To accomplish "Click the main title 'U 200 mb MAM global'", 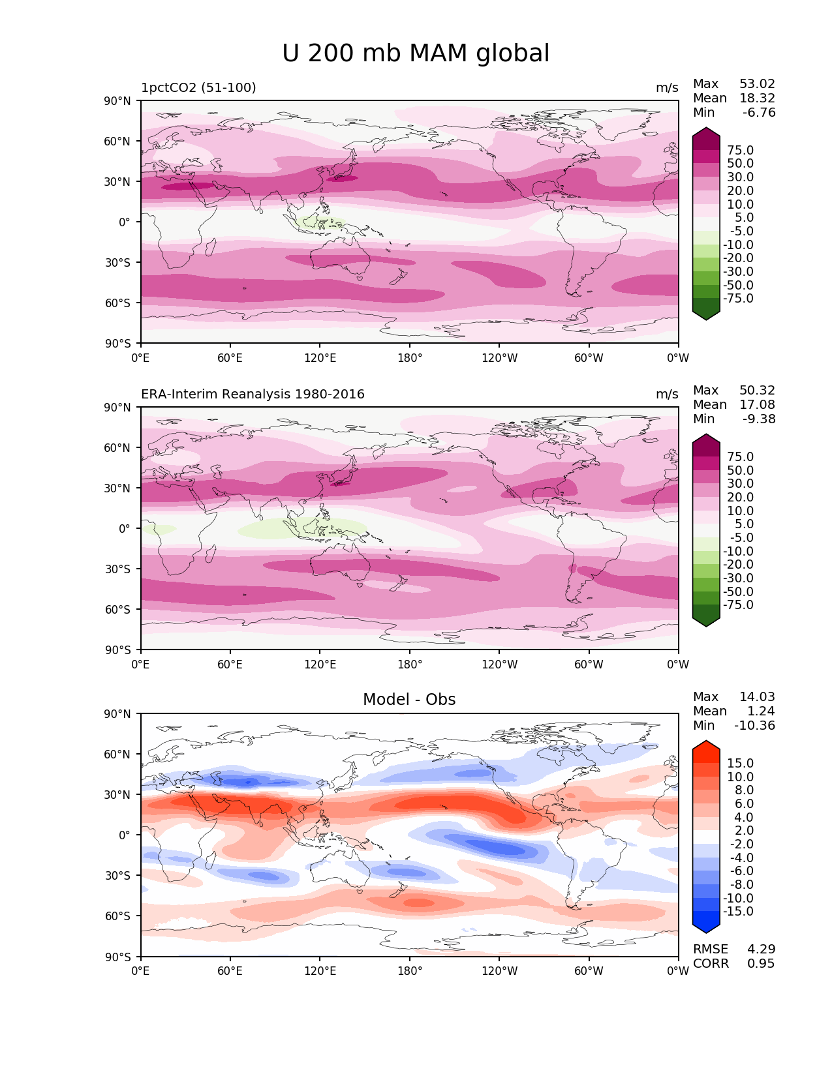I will coord(416,53).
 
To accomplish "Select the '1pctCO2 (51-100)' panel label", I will coord(198,87).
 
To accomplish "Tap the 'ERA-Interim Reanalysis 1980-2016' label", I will coord(253,394).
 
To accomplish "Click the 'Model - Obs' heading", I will coord(409,700).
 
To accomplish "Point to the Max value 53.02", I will coord(757,84).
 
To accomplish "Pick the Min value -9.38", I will coord(759,419).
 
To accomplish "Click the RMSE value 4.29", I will coord(761,949).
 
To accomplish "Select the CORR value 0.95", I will coord(761,963).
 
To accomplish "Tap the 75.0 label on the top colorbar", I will coord(740,150).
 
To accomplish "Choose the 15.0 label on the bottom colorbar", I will coord(740,763).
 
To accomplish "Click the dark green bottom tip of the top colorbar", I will coord(706,316).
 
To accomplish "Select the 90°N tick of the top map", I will coord(117,100).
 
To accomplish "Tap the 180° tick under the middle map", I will coord(410,665).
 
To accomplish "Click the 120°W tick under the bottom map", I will coord(499,971).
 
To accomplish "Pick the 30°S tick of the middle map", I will coord(117,569).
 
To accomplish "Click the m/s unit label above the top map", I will coord(667,87).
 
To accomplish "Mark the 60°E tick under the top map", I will coord(230,358).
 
